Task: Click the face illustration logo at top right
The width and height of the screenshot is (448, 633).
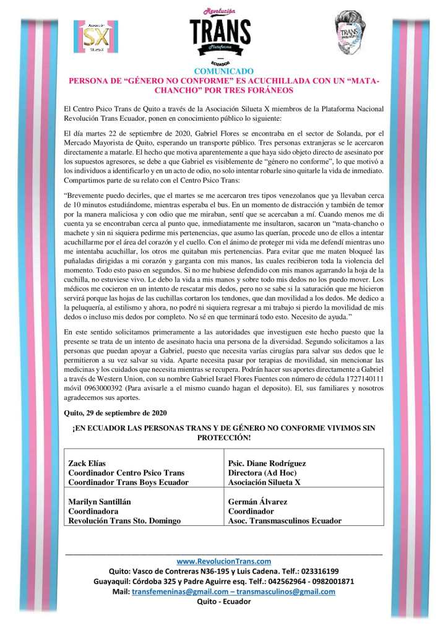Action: [355, 33]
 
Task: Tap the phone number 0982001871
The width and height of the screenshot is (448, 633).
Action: [332, 582]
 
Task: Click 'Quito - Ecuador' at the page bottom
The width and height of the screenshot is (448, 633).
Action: [224, 601]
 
